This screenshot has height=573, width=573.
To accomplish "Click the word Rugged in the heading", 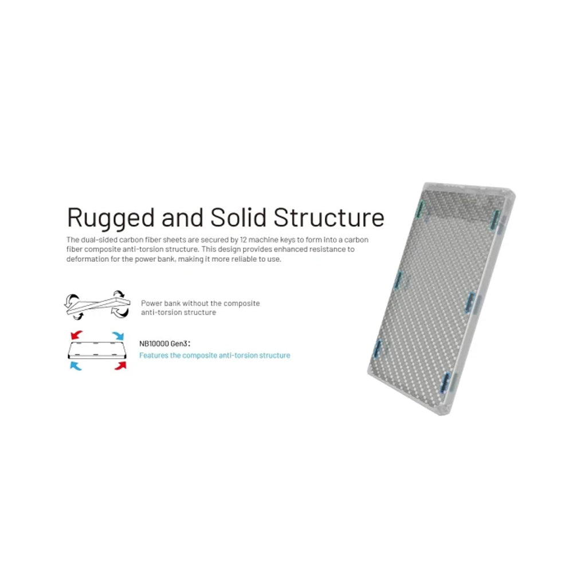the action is coord(111,218).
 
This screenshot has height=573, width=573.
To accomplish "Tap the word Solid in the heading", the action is coord(238,217).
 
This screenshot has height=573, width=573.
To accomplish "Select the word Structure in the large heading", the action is coord(329,218).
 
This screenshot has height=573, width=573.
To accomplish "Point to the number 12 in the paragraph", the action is coord(244,240).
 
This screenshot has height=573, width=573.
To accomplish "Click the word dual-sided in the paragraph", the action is coord(99,240).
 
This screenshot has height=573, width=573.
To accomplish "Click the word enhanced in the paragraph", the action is coord(288,249).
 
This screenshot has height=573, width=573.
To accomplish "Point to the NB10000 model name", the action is coord(154,344).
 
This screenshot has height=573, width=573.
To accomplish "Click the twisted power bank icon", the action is coord(97,305).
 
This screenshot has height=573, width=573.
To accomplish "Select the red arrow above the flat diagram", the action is coord(76,335).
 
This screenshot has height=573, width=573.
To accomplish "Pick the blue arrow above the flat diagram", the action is coord(118,335).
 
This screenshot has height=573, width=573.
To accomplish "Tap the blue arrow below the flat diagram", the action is coord(76,366).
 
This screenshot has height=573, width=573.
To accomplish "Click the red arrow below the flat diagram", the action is coord(120,366).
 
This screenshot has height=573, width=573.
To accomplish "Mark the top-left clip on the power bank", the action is coord(421,209).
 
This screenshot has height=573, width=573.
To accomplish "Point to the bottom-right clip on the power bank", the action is coord(446,382).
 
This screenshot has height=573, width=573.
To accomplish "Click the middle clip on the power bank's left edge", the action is coord(399,281).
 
